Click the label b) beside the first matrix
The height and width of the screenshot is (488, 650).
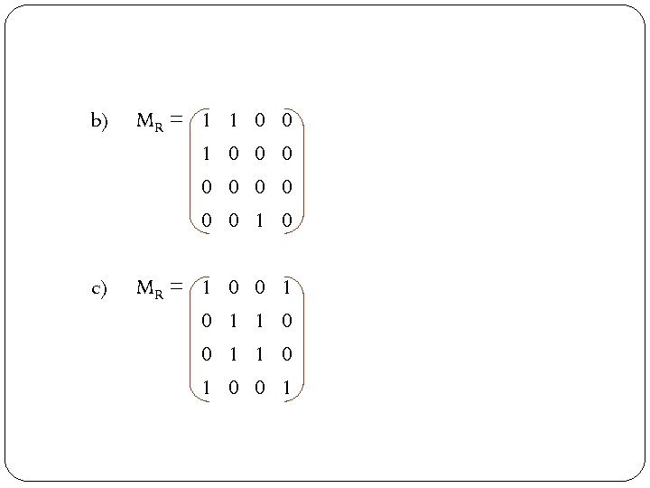[98, 120]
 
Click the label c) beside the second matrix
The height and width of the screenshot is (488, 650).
[98, 289]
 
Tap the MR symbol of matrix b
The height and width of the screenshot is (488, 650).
[150, 120]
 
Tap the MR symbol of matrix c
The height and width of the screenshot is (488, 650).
[150, 289]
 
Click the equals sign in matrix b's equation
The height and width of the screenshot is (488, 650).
[176, 119]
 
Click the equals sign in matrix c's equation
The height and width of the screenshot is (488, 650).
[176, 288]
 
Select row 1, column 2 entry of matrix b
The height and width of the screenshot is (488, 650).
[234, 120]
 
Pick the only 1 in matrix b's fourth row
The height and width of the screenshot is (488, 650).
[260, 221]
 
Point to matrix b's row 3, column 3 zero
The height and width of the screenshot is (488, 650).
[260, 188]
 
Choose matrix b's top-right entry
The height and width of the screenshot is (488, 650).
[286, 120]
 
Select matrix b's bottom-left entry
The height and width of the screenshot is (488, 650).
[208, 221]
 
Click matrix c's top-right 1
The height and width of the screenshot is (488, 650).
[286, 289]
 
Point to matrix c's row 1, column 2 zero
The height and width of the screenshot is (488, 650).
[234, 289]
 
